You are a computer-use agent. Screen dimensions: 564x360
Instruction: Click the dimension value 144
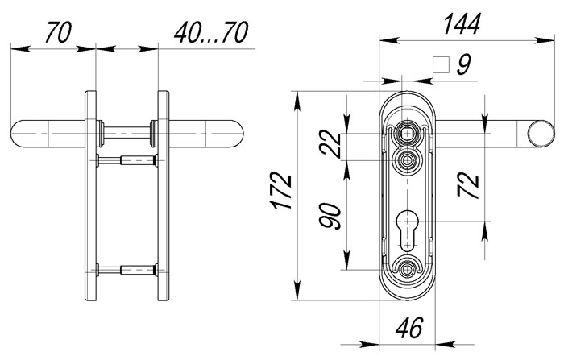tap(462, 24)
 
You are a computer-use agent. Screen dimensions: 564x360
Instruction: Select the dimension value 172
tap(282, 191)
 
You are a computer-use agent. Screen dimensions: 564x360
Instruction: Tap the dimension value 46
tap(409, 328)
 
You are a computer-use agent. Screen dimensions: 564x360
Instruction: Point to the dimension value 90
tap(330, 216)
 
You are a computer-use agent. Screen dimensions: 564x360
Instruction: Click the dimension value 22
tap(330, 145)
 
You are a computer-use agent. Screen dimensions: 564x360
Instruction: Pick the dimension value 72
tap(469, 185)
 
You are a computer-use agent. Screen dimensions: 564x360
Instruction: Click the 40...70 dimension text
tap(211, 32)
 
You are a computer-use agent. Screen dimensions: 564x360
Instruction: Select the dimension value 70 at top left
tap(59, 32)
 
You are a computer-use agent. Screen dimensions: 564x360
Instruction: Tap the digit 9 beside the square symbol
tap(464, 64)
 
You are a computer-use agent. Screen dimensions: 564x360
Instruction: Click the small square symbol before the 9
tap(442, 64)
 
